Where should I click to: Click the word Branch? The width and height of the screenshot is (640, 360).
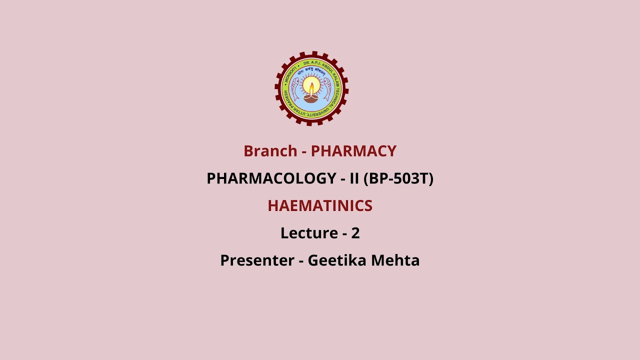point(270,151)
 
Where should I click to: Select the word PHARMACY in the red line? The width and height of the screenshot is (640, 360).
point(353,151)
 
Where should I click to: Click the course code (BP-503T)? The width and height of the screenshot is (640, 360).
point(398,178)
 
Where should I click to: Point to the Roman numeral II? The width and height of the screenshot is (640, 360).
point(354,178)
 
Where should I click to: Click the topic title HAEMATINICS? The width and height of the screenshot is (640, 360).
point(320,206)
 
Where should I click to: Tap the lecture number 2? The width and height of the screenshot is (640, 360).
point(355,233)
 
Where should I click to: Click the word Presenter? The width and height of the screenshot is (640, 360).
point(257,260)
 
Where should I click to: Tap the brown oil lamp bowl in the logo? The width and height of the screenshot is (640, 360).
point(311,98)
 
